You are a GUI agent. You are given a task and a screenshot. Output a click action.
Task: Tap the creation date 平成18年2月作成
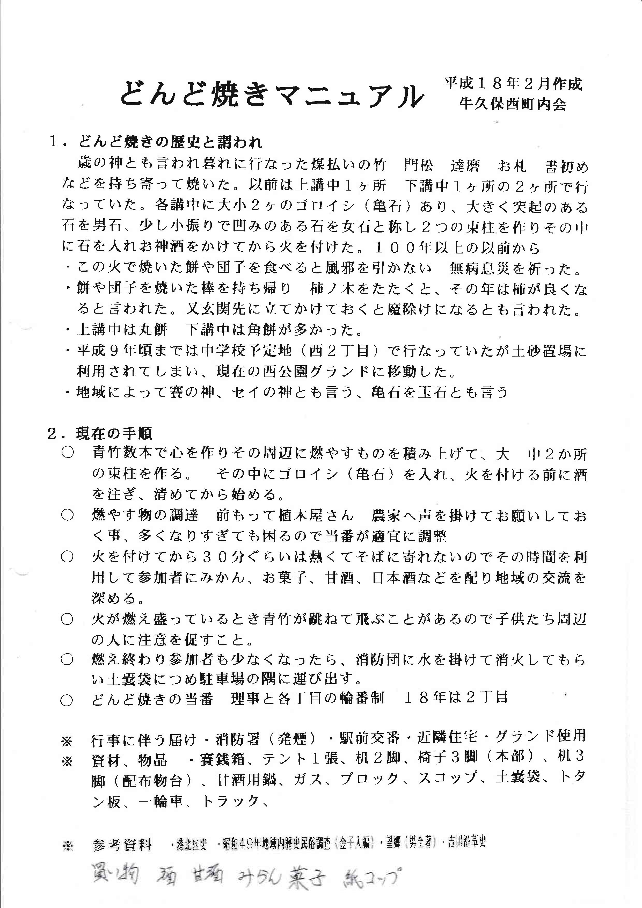[x=513, y=84]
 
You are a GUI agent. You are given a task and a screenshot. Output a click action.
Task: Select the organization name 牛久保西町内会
[x=513, y=104]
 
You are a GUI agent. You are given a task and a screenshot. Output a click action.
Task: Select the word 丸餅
[x=152, y=330]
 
